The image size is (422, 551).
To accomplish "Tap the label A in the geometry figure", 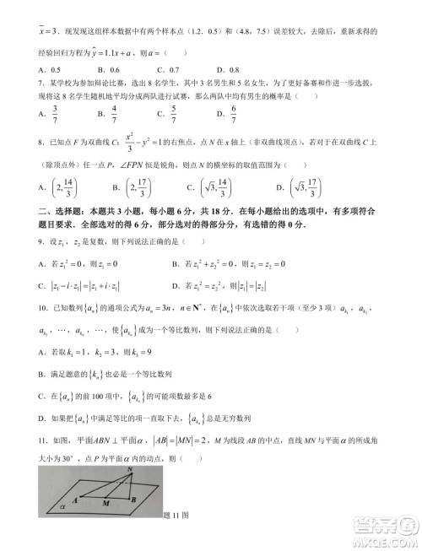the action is pyautogui.click(x=76, y=498).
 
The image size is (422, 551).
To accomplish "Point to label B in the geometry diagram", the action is pyautogui.click(x=135, y=498).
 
